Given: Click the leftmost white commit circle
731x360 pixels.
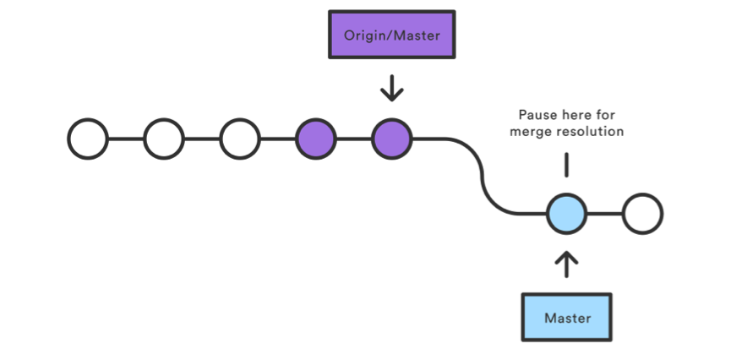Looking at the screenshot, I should [88, 139].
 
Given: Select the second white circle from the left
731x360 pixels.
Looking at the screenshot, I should [164, 139].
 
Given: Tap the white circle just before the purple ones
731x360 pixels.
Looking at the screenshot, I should [240, 139].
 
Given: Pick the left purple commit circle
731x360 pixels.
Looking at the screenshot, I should [316, 139].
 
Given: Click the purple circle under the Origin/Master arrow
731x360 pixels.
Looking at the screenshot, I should [392, 139].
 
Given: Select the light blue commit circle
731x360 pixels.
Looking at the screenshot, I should [566, 215].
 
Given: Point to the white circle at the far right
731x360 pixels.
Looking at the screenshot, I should [642, 215].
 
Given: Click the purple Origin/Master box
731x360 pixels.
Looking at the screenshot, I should [392, 36].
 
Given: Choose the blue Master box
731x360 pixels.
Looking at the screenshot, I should [566, 318].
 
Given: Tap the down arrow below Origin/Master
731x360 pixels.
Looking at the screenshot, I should [392, 88].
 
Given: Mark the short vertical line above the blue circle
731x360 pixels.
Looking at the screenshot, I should [566, 166].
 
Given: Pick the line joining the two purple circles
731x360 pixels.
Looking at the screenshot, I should [354, 139].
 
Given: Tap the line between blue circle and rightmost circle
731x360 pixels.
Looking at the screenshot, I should [604, 215].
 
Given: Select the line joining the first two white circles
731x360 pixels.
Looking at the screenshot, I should [126, 139].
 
